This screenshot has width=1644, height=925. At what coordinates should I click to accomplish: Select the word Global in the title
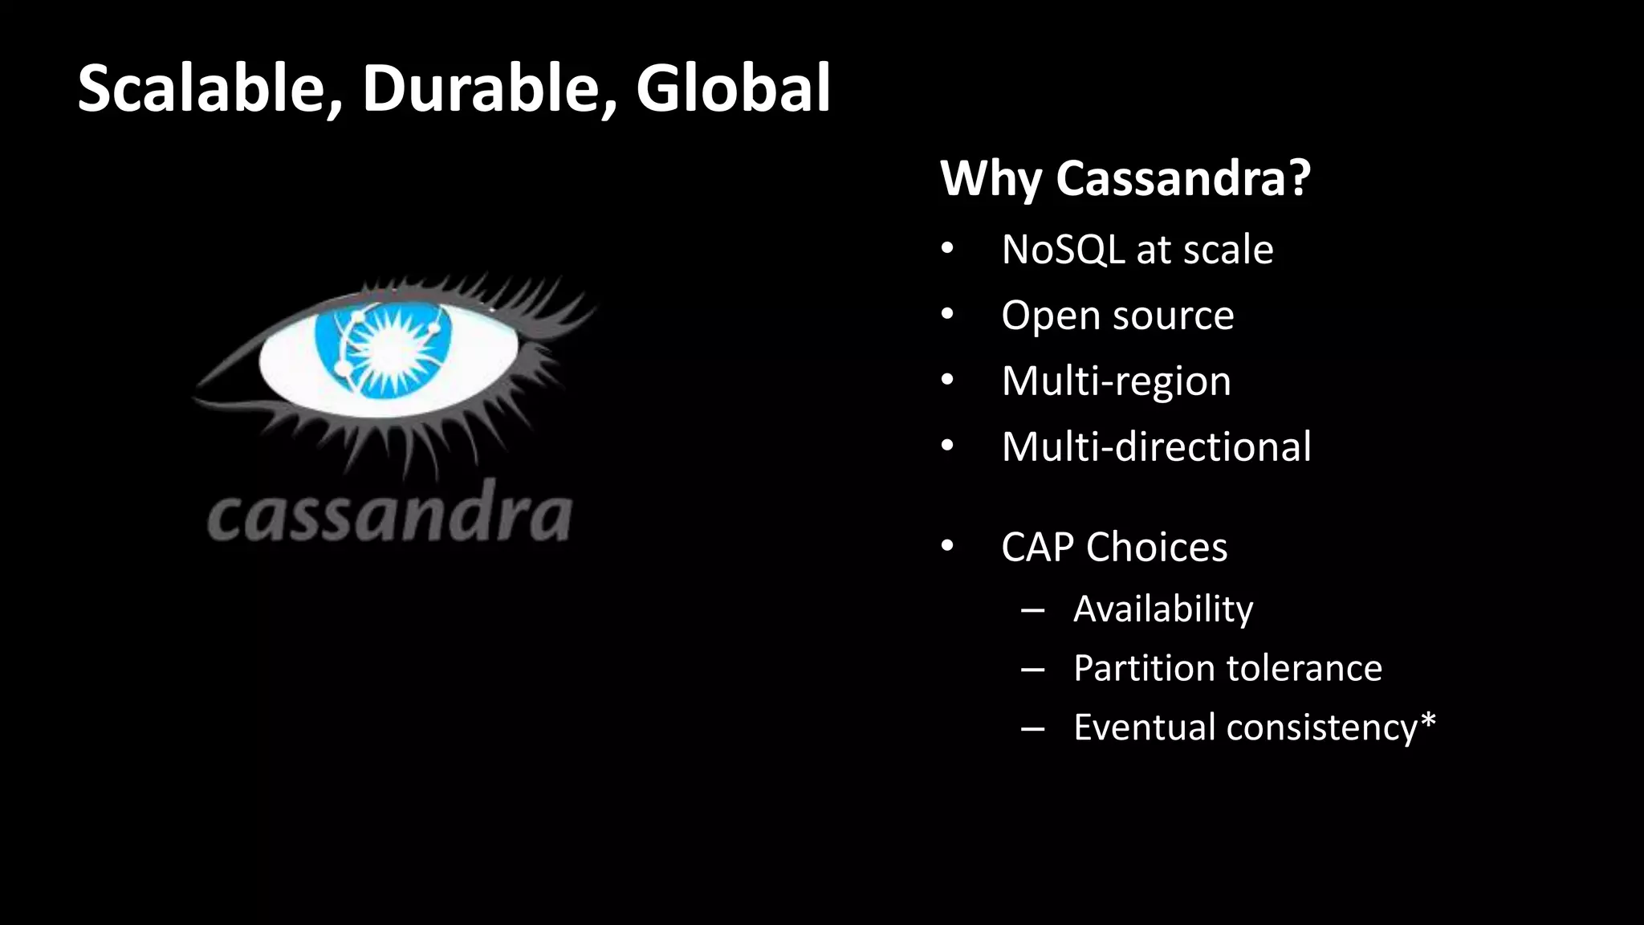tap(733, 88)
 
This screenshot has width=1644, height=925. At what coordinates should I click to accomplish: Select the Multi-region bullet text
tap(1116, 381)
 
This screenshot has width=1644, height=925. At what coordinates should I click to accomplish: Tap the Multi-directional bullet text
tap(1156, 446)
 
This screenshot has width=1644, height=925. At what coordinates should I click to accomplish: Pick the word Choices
tap(1157, 548)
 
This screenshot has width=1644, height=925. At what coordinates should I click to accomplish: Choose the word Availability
tap(1163, 609)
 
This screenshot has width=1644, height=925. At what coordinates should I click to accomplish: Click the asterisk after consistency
tap(1427, 720)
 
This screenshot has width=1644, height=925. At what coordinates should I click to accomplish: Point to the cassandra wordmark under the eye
tap(389, 515)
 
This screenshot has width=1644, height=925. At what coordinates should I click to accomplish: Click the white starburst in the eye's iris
tap(391, 350)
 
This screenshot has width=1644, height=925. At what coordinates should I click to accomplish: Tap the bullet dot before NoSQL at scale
tap(947, 250)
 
